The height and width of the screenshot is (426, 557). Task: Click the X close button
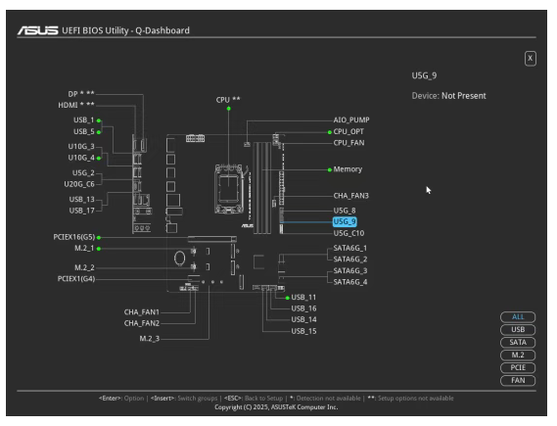click(x=530, y=58)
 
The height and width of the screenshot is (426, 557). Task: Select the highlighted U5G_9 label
click(x=345, y=221)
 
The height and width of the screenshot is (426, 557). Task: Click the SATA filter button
click(x=518, y=342)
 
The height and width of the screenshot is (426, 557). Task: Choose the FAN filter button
click(x=518, y=380)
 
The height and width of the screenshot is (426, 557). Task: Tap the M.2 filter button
click(x=518, y=355)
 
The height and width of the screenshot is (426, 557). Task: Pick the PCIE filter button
click(x=518, y=368)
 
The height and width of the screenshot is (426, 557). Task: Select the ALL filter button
click(x=518, y=317)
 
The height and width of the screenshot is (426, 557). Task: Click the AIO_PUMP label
click(x=351, y=120)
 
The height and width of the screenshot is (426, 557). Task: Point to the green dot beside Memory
click(x=330, y=169)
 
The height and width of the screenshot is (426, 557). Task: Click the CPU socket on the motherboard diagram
click(x=228, y=189)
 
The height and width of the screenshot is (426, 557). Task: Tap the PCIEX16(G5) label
click(x=74, y=237)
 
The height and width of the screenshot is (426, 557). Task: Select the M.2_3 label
click(x=150, y=339)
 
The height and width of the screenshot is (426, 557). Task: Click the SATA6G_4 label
click(x=350, y=282)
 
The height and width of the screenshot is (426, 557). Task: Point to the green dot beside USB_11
click(x=288, y=298)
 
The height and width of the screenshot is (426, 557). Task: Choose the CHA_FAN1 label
click(x=142, y=312)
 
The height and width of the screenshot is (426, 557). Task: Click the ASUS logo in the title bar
click(x=38, y=30)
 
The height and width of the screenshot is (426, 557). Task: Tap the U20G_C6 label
click(x=79, y=184)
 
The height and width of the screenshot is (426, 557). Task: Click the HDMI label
click(x=68, y=105)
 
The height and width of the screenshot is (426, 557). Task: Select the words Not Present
click(x=464, y=96)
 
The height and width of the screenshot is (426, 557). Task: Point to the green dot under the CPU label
click(x=229, y=109)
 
